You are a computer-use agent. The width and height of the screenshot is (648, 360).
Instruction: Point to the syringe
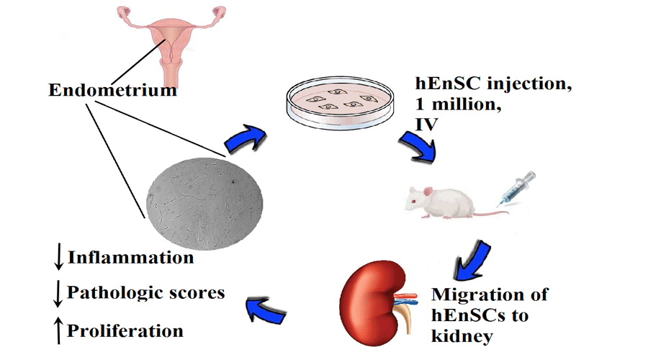click(516, 189)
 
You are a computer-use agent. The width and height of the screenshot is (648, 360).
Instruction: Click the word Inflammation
click(130, 257)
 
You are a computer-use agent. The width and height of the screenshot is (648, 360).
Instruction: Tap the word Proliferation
click(125, 330)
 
